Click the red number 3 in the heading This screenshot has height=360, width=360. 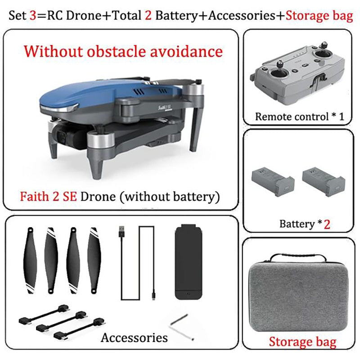point(33,15)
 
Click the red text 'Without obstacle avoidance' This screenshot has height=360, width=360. point(124,51)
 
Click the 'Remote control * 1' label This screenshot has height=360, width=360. point(300,117)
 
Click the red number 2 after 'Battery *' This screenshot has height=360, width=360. point(327,224)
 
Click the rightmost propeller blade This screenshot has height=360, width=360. point(95,258)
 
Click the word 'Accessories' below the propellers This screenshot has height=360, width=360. point(134,337)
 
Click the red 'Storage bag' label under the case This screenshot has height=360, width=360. point(302,342)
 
